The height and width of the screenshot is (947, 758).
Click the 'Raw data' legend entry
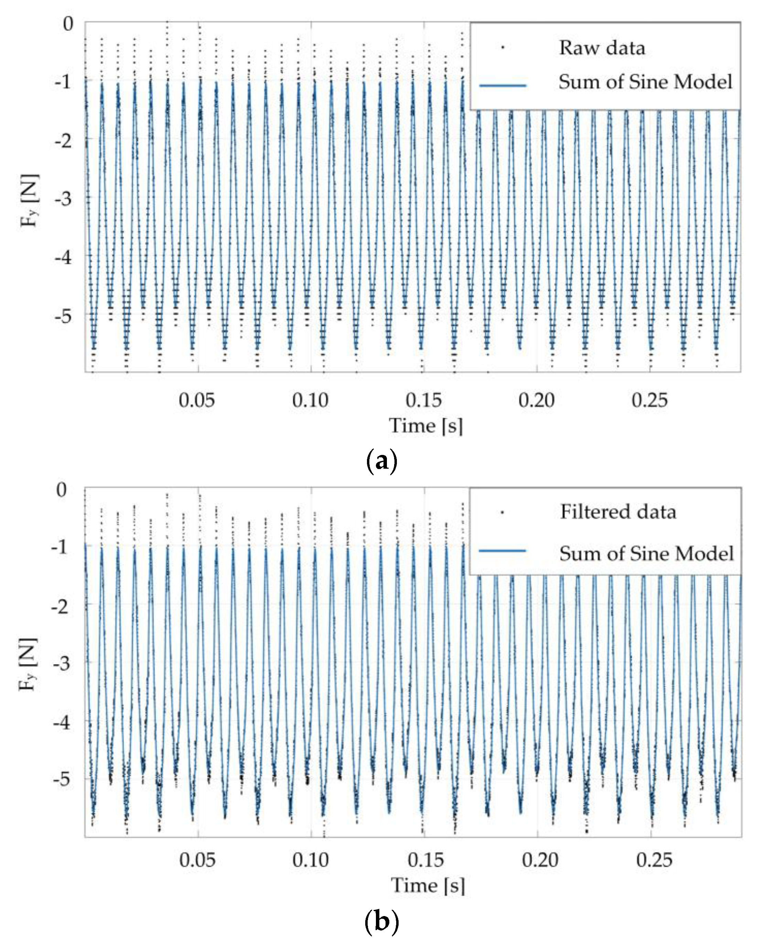coord(602,48)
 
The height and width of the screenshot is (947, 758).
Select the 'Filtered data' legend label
coord(618,512)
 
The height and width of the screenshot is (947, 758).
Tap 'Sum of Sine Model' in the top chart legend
coord(645,82)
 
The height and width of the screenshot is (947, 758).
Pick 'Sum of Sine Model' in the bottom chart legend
coord(646,553)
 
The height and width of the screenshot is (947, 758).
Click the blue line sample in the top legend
coord(502,85)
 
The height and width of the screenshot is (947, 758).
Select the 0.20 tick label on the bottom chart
coord(540,860)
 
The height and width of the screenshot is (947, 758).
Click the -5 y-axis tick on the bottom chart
coord(62,780)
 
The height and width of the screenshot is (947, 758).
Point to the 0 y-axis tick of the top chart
coord(68,23)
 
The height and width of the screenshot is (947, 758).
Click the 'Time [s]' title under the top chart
coord(426,425)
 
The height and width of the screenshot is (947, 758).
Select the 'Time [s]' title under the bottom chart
coord(427,885)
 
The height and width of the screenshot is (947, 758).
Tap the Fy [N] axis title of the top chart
coord(30,200)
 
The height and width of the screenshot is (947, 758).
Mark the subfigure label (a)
coord(381,461)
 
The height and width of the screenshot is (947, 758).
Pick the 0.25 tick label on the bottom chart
coord(654,860)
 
